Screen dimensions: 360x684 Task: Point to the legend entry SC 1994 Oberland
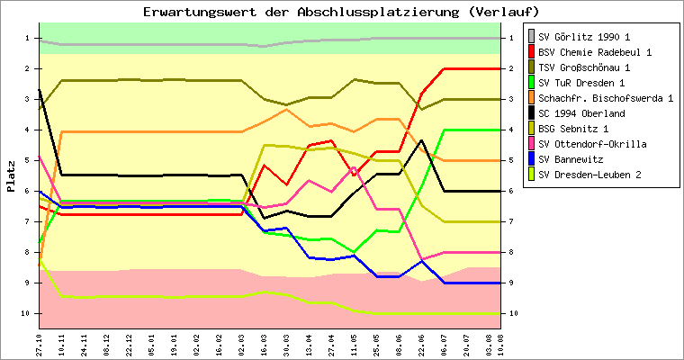click(x=586, y=113)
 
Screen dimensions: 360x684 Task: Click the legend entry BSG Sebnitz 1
click(x=580, y=129)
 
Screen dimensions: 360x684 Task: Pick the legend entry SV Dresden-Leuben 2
click(x=589, y=175)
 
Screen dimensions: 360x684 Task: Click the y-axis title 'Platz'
click(x=11, y=175)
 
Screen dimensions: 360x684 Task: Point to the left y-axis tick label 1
click(x=28, y=38)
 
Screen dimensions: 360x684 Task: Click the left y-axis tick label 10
click(x=26, y=313)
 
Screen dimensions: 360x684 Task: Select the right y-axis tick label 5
click(x=512, y=160)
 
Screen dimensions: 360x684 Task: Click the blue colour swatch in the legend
click(x=531, y=159)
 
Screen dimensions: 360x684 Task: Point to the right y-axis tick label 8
click(x=512, y=252)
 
